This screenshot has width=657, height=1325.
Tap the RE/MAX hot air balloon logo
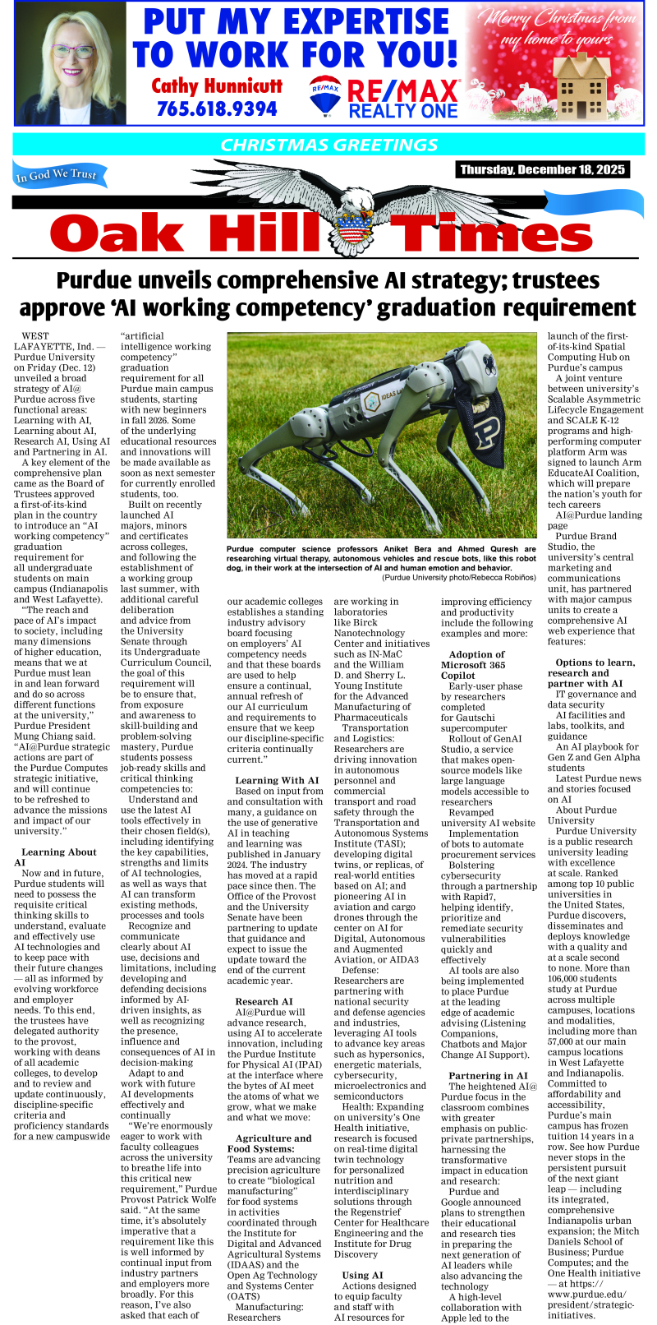click(325, 95)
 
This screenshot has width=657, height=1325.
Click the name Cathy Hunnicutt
click(217, 85)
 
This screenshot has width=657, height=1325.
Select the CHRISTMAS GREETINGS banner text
click(328, 145)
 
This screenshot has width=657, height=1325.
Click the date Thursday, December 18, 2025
click(542, 170)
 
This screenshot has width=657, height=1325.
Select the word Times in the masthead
click(493, 233)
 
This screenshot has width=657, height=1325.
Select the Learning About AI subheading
click(53, 857)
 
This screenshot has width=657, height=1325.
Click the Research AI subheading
click(264, 1001)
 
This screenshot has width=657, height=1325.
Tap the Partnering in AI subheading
click(488, 1076)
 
